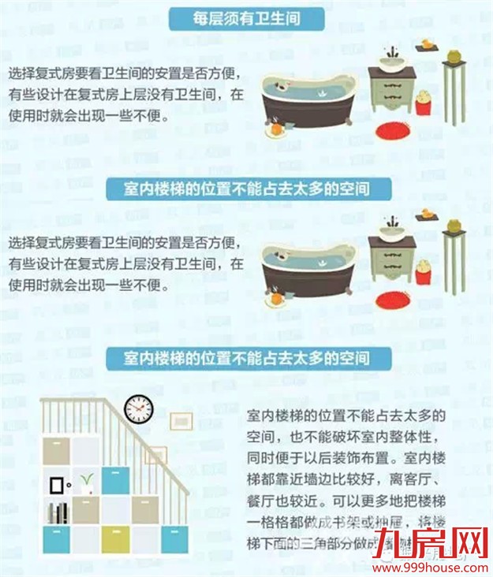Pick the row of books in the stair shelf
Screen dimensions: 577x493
point(56,513)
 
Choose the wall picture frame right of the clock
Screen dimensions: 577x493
point(181,421)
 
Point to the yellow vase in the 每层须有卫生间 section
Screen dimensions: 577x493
point(453,58)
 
